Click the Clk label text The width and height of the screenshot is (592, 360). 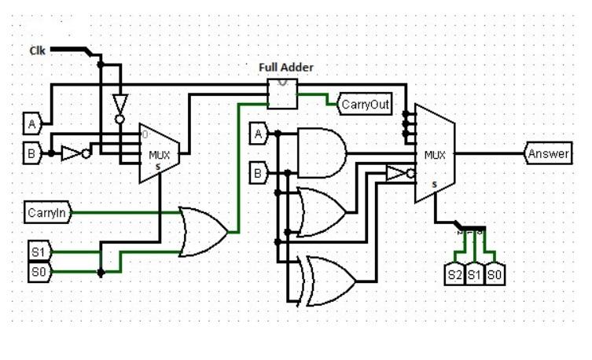pyautogui.click(x=38, y=50)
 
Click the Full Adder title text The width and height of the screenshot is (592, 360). pyautogui.click(x=286, y=68)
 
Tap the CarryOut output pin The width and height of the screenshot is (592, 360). pyautogui.click(x=365, y=105)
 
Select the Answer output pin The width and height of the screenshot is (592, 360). pyautogui.click(x=548, y=154)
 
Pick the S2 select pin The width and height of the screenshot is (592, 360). pyautogui.click(x=454, y=275)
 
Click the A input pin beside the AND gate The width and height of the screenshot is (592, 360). pyautogui.click(x=259, y=134)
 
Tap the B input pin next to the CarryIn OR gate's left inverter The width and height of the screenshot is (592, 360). pyautogui.click(x=32, y=153)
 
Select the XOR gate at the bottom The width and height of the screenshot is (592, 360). pyautogui.click(x=329, y=281)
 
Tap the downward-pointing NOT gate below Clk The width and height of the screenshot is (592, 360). pyautogui.click(x=120, y=105)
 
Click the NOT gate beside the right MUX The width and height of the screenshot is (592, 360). pyautogui.click(x=399, y=173)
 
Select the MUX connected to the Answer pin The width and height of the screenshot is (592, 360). pyautogui.click(x=435, y=154)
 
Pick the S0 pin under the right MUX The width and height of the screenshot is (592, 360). pyautogui.click(x=495, y=275)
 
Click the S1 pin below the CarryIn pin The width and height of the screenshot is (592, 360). pyautogui.click(x=39, y=252)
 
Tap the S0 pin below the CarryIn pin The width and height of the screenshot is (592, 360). pyautogui.click(x=39, y=272)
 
